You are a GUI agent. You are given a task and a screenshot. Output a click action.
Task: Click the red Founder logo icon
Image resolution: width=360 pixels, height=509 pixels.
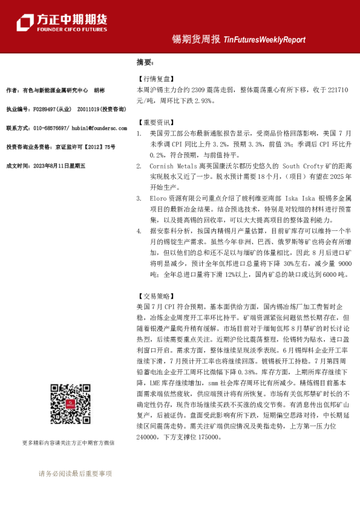(24, 22)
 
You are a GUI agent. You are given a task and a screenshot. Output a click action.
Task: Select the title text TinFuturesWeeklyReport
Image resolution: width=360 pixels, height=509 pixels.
(264, 40)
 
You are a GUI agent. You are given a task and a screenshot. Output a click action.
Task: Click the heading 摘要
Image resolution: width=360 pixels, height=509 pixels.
(145, 62)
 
